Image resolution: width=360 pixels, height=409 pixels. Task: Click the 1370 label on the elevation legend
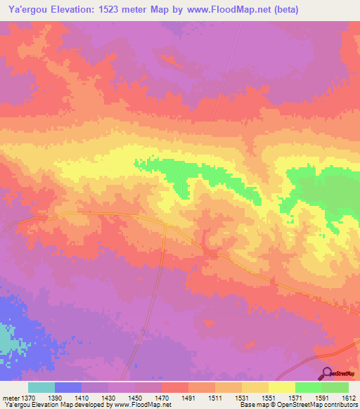click(37, 398)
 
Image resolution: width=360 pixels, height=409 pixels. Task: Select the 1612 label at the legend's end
click(349, 398)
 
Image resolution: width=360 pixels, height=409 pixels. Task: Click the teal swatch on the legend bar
click(41, 387)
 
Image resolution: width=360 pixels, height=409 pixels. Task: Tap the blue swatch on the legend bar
click(68, 387)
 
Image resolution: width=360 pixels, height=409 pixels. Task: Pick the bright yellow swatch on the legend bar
click(281, 387)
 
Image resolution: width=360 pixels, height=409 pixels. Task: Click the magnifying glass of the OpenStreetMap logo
click(326, 372)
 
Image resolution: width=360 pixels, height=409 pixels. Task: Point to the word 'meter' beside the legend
click(12, 398)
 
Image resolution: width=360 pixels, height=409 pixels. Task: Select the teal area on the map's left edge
click(6, 341)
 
